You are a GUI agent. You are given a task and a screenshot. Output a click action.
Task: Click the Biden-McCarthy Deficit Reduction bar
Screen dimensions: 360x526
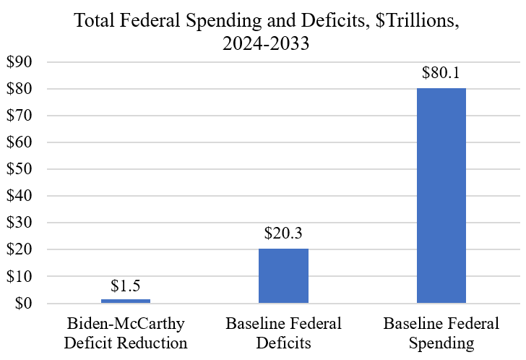[126, 301]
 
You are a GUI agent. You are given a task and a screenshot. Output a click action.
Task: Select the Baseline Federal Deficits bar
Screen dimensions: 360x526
[283, 276]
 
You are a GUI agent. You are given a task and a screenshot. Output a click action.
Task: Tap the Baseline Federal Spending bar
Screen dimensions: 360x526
[441, 195]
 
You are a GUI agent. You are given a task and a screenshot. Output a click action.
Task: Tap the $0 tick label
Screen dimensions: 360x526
[24, 304]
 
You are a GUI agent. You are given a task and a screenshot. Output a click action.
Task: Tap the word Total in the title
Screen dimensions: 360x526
[93, 22]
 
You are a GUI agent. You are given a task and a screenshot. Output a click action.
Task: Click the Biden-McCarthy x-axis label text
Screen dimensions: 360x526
[126, 322]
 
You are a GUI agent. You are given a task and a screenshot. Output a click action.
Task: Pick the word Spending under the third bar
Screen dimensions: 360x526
[441, 340]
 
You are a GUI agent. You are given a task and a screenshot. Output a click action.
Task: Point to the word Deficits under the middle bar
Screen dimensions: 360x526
[283, 340]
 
